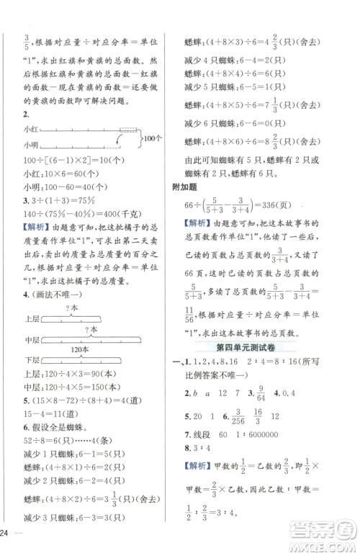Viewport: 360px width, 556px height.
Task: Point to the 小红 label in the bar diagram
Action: [x=31, y=129]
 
